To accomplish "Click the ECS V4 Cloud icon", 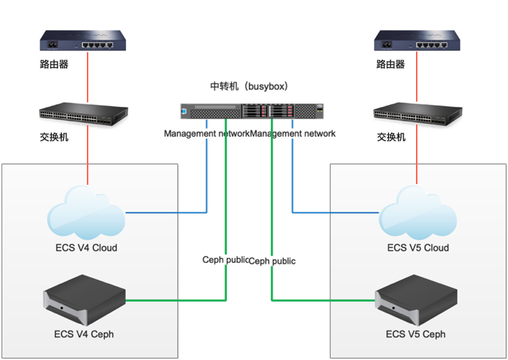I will (x=87, y=213).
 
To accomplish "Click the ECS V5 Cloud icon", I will (x=417, y=213).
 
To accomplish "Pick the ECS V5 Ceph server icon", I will (x=416, y=301).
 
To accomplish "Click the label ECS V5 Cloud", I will (x=418, y=247).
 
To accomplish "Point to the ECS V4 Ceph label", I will (x=84, y=334).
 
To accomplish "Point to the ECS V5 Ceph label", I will (x=416, y=334).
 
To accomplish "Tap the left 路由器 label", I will (x=54, y=64).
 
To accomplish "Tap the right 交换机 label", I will (x=392, y=137).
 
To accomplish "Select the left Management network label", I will (x=206, y=134).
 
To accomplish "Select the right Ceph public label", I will (x=272, y=261).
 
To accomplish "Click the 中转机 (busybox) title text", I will (x=249, y=87).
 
